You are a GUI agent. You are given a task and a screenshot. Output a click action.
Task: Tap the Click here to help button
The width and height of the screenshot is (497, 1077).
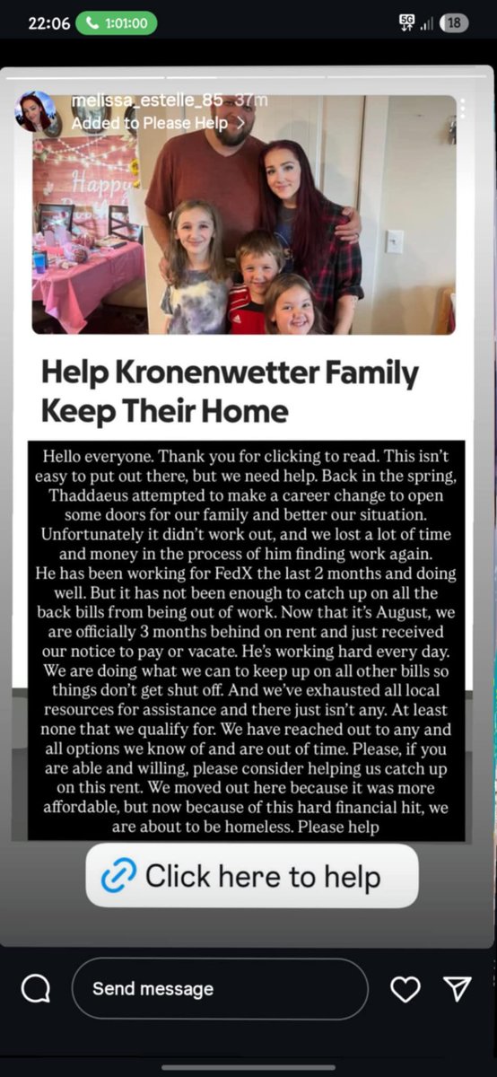pos(252,876)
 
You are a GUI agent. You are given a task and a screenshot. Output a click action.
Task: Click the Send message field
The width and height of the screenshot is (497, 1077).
pos(220,989)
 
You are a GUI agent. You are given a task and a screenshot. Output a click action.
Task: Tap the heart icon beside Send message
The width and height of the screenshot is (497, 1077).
pos(405,989)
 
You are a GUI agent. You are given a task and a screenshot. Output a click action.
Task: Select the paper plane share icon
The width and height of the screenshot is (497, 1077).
pos(458,989)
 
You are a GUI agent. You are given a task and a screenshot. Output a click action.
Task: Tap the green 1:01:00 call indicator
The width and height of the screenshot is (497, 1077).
pos(116,22)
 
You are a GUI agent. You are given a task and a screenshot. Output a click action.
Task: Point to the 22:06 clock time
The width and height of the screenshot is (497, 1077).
pos(48,22)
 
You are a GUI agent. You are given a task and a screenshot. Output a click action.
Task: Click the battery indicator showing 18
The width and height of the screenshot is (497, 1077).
pos(455,23)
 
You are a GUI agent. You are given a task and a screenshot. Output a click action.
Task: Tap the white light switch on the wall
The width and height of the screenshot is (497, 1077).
pos(394,241)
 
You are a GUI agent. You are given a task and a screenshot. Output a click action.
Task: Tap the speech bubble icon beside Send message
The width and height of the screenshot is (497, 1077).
pos(36,989)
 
